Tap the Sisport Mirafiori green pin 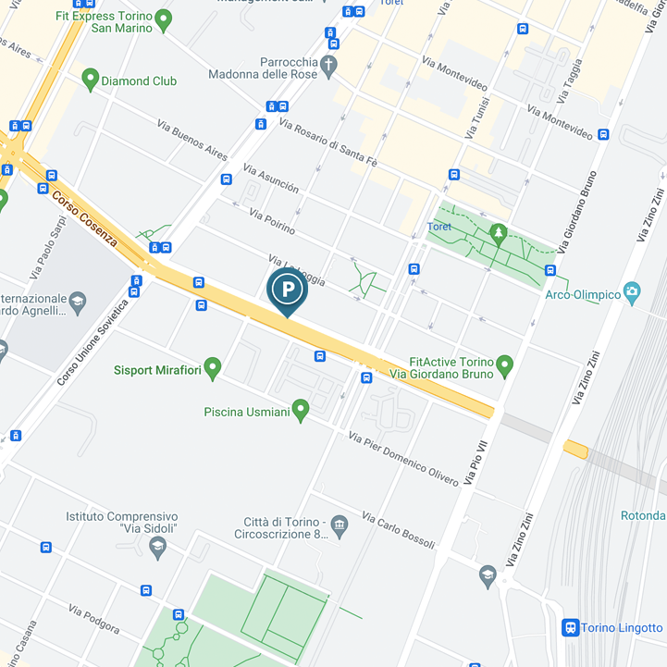click(x=213, y=369)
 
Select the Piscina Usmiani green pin click(x=300, y=409)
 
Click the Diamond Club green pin click(x=90, y=80)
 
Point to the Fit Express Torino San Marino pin click(x=164, y=19)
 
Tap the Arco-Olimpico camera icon click(x=633, y=293)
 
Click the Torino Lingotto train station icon click(x=571, y=628)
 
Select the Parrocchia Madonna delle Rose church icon click(x=329, y=64)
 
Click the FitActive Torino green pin click(x=504, y=366)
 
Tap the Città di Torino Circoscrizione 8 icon click(x=340, y=526)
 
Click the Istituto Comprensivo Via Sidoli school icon click(x=157, y=547)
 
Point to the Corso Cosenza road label click(x=85, y=218)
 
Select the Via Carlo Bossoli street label click(x=398, y=530)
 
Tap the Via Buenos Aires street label click(x=192, y=139)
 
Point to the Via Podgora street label click(x=93, y=620)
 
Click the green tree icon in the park click(x=499, y=230)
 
